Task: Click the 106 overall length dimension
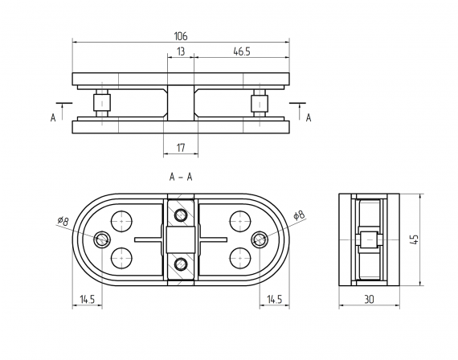click(x=181, y=35)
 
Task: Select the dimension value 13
click(x=181, y=51)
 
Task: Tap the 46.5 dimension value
click(x=240, y=51)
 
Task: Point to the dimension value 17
click(x=181, y=147)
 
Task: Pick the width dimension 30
click(x=368, y=299)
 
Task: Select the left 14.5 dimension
click(x=87, y=299)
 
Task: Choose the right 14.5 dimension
click(x=274, y=299)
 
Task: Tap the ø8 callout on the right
click(x=298, y=215)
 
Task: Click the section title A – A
click(x=180, y=177)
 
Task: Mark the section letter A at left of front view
click(x=53, y=117)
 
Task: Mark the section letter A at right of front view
click(x=308, y=117)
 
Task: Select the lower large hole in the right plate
click(x=239, y=257)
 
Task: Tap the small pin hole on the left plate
click(x=102, y=239)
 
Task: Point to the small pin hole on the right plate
click(x=260, y=239)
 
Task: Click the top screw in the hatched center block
click(x=181, y=215)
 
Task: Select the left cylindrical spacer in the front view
click(x=102, y=104)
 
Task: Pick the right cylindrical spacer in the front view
click(x=260, y=104)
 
